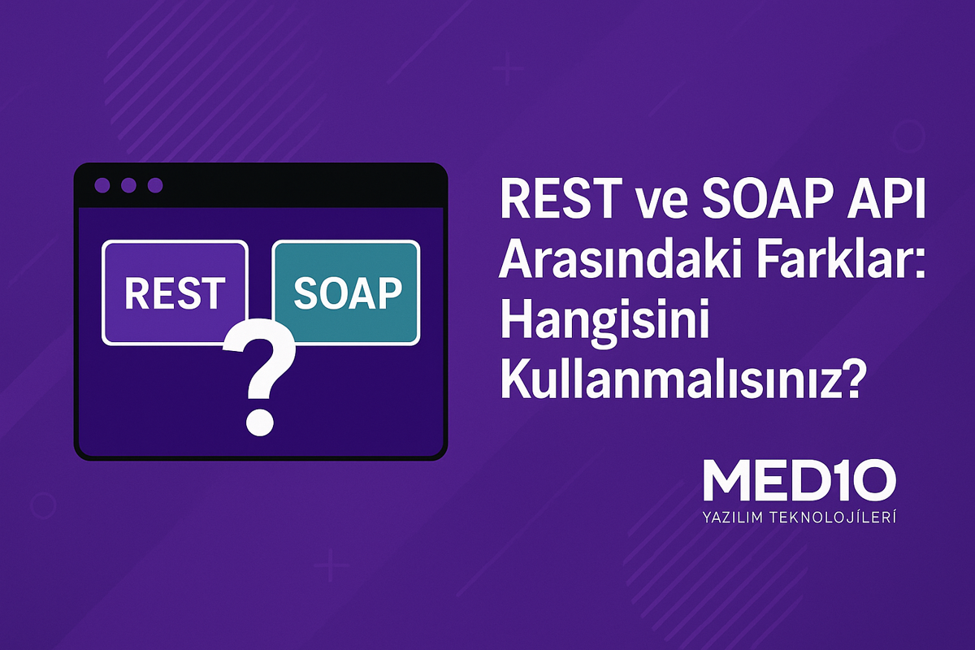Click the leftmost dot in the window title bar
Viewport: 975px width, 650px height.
tap(102, 186)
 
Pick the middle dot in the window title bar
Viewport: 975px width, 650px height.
tap(128, 186)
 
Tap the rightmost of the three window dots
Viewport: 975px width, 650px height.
tap(154, 186)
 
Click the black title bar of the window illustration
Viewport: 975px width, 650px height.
tap(292, 186)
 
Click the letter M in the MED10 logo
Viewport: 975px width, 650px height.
tap(722, 483)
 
